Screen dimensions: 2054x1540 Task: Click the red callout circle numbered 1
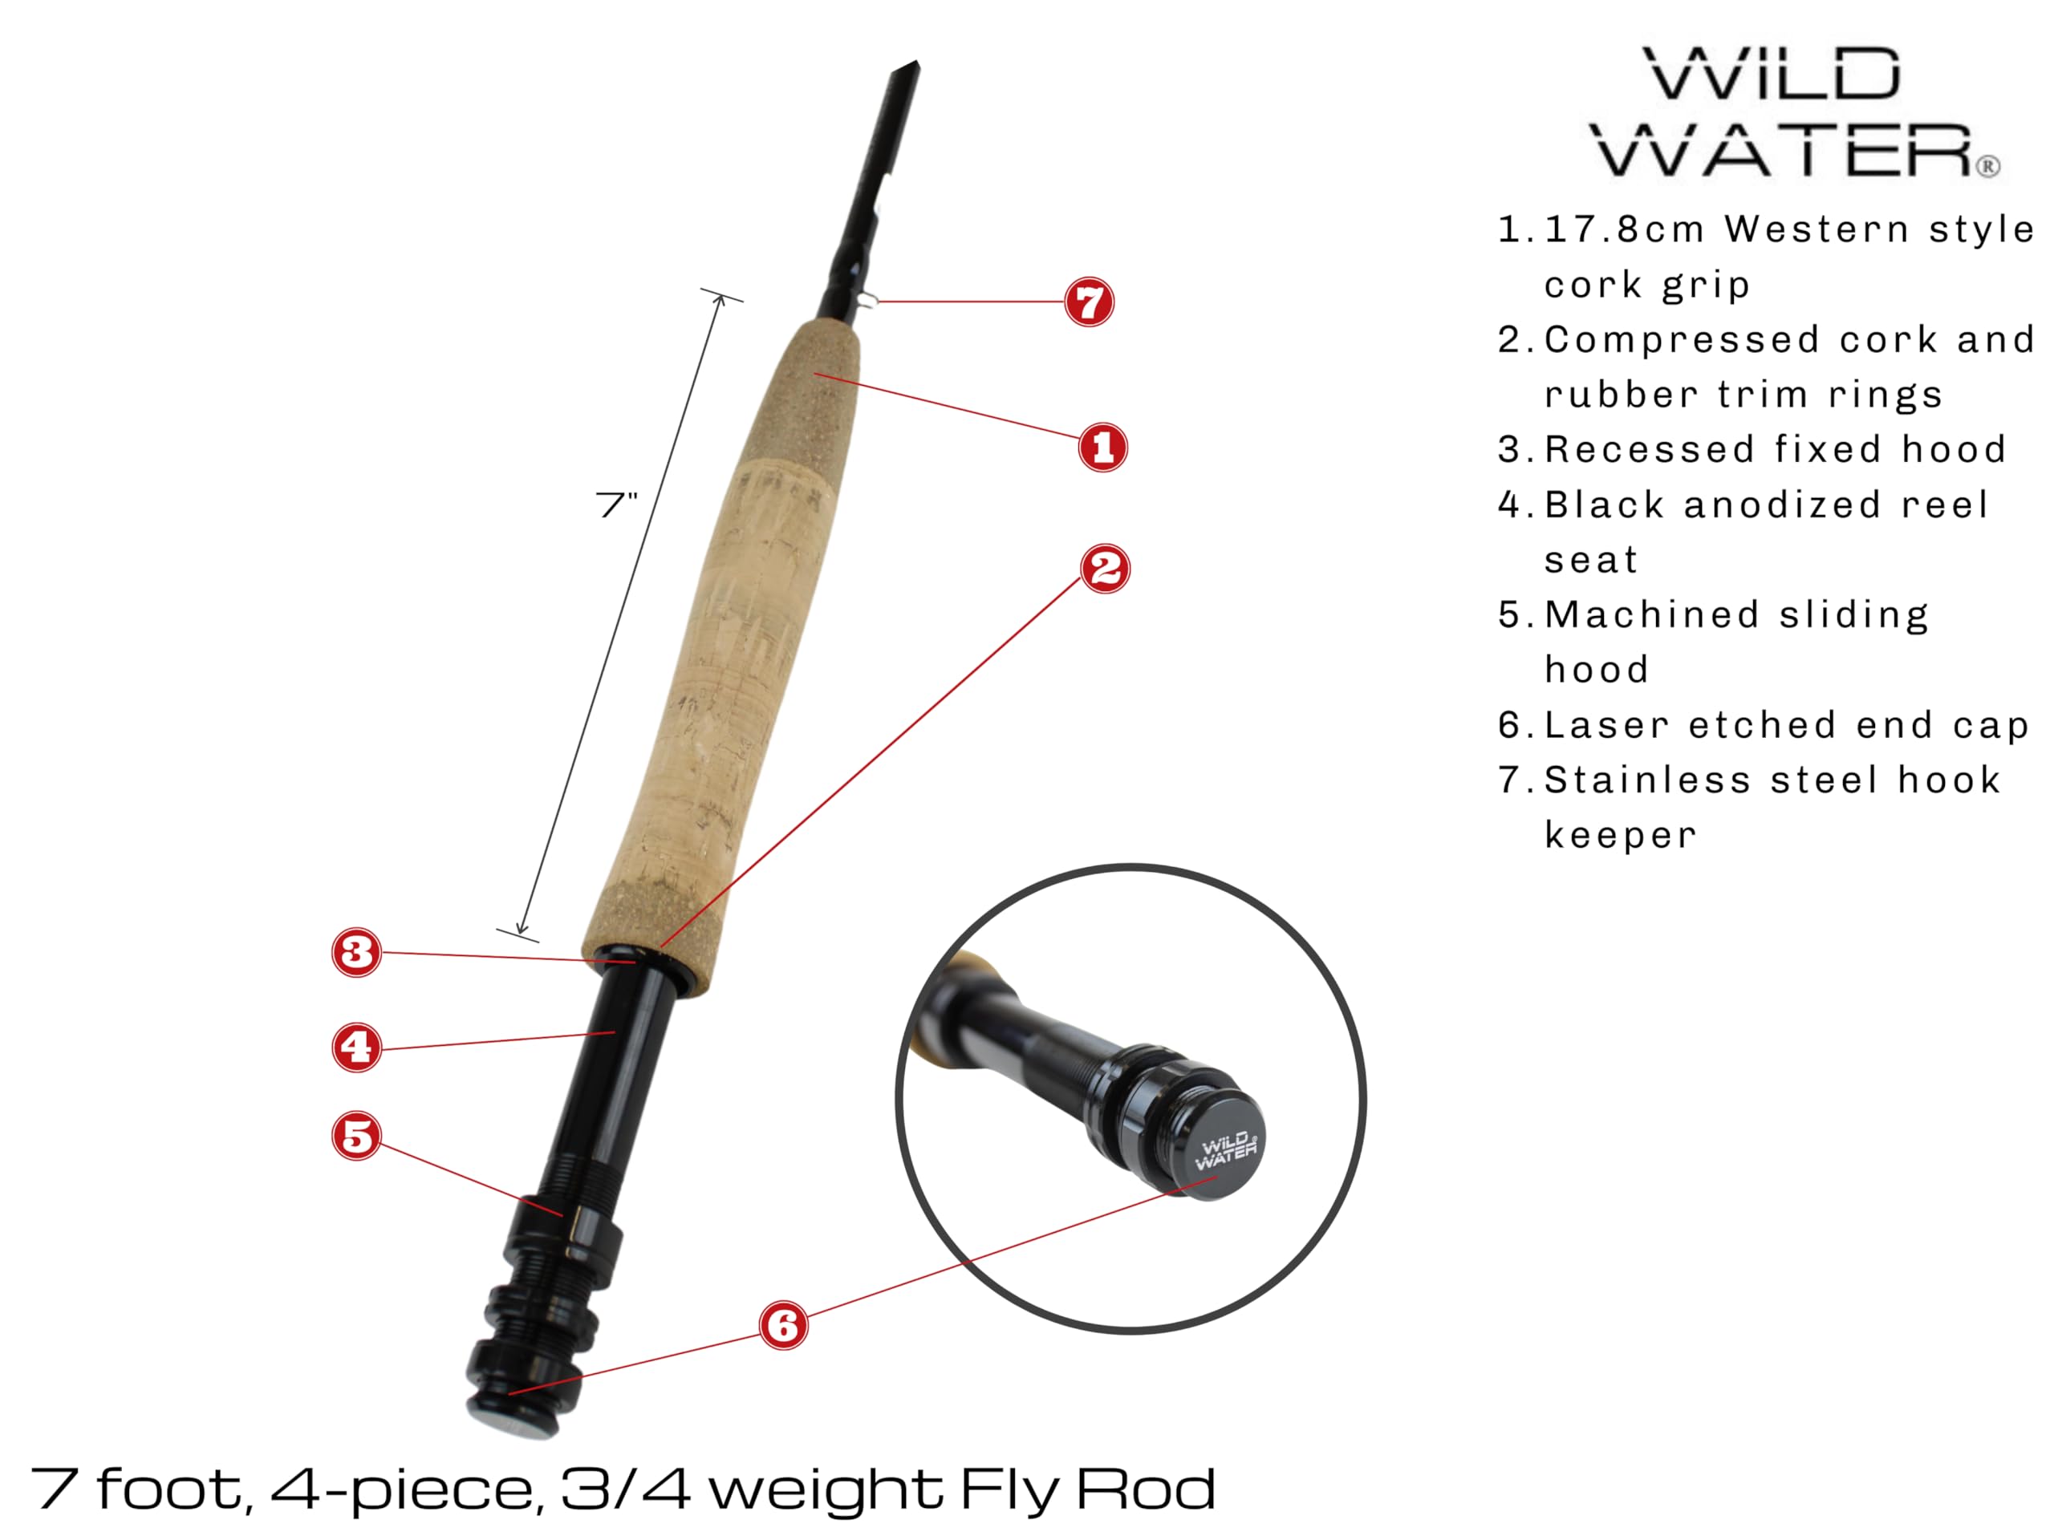tap(1103, 448)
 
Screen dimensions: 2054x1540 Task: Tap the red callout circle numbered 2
tap(1105, 568)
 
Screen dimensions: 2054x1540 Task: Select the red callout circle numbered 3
tap(356, 951)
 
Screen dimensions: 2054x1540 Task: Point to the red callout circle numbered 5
tap(356, 1137)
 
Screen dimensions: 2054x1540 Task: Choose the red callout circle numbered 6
tap(784, 1325)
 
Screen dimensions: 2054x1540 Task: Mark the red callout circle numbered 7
tap(1090, 302)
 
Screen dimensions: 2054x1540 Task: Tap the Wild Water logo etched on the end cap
tap(1226, 1151)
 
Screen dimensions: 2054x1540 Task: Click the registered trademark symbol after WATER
tap(1987, 166)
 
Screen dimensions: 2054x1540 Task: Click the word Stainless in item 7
tap(1647, 780)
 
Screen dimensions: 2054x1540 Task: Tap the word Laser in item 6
tap(1606, 725)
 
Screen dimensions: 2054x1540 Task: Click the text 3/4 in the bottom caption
tap(626, 1489)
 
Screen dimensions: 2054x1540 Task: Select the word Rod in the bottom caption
tap(1146, 1489)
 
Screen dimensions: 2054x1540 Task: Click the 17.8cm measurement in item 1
tap(1624, 229)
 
